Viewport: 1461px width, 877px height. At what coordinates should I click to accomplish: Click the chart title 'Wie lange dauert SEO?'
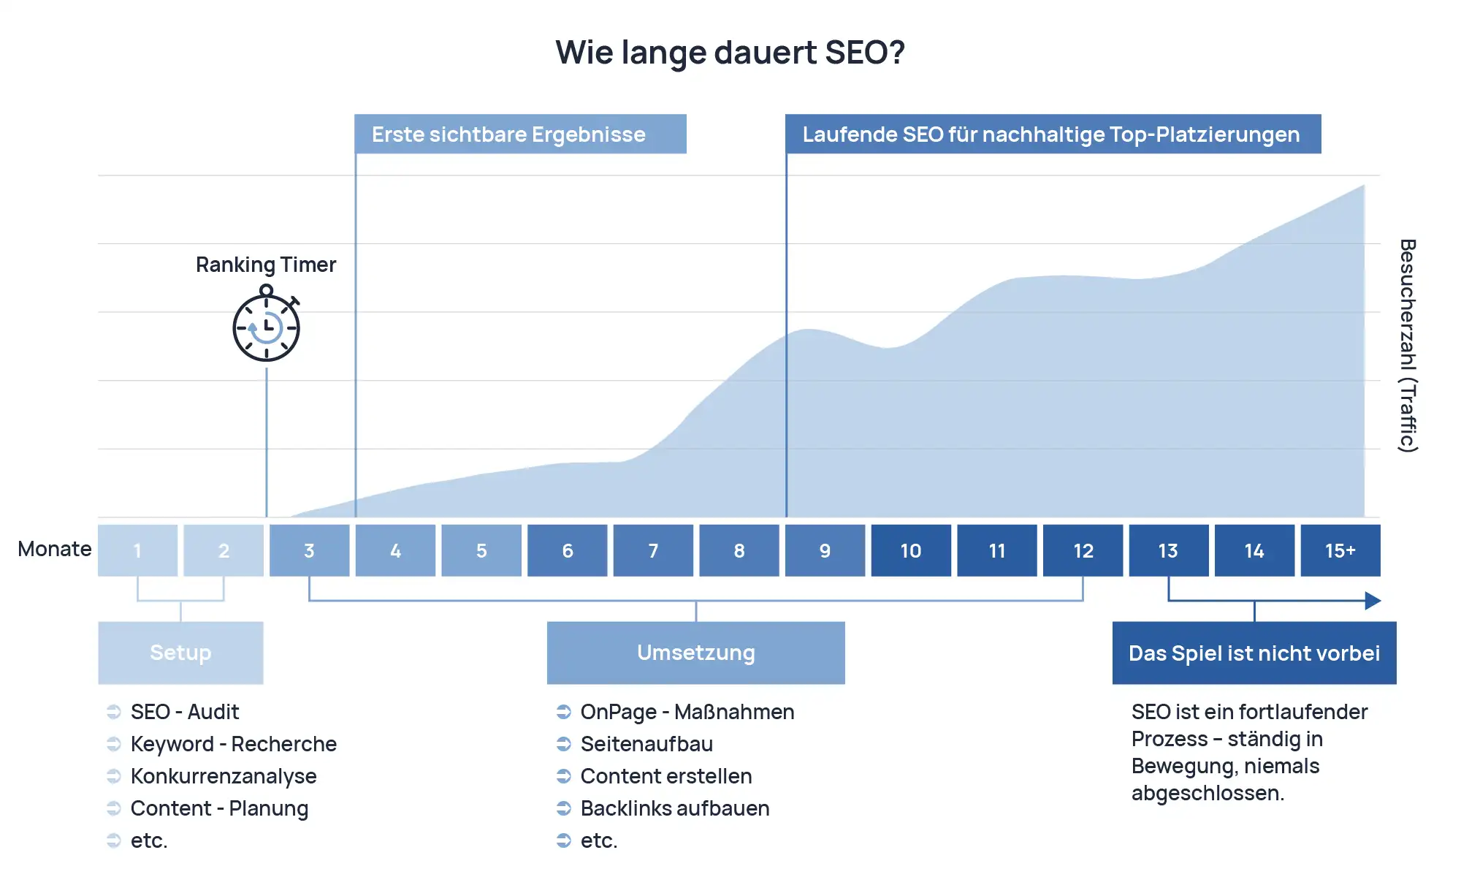(730, 53)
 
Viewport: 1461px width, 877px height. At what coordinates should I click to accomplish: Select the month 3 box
(309, 550)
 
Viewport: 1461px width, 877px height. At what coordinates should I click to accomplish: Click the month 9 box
(825, 550)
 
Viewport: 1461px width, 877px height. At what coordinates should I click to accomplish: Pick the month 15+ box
(1340, 550)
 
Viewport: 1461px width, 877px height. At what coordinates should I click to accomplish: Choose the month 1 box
(137, 550)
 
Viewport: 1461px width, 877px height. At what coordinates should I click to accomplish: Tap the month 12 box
(1083, 550)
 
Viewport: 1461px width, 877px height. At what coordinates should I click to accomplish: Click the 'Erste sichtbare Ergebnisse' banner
(520, 134)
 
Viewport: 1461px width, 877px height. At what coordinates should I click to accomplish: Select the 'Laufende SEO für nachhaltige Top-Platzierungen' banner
(1053, 134)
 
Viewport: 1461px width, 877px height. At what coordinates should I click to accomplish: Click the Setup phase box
(180, 653)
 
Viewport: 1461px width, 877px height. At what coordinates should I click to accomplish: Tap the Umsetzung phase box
(695, 653)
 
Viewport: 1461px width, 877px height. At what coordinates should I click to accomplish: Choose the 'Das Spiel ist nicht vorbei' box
(1254, 653)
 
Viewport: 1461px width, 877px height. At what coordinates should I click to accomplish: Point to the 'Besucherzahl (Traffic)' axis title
(1408, 346)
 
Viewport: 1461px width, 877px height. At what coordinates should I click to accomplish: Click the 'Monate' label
(55, 549)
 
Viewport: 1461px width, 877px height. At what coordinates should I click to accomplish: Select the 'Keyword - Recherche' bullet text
(234, 744)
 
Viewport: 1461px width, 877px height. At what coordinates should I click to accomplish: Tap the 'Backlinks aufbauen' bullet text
(675, 808)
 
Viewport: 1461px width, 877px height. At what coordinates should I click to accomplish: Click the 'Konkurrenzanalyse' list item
(224, 776)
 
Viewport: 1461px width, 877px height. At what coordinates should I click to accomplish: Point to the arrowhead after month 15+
(1373, 601)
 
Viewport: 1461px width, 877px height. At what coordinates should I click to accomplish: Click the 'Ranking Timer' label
(266, 265)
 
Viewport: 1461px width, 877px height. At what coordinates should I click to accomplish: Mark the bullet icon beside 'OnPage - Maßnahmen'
(563, 712)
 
